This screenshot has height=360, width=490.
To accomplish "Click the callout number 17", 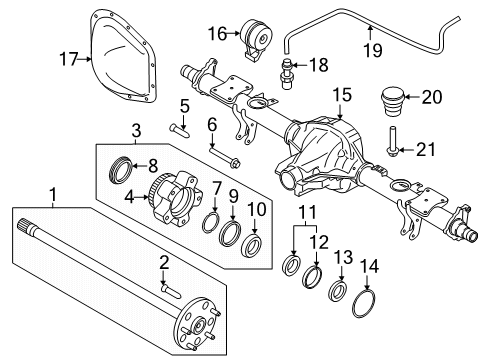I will coord(66,59).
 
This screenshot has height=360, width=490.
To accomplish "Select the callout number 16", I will coord(217,35).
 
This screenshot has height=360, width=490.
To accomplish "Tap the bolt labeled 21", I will coord(391,144).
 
